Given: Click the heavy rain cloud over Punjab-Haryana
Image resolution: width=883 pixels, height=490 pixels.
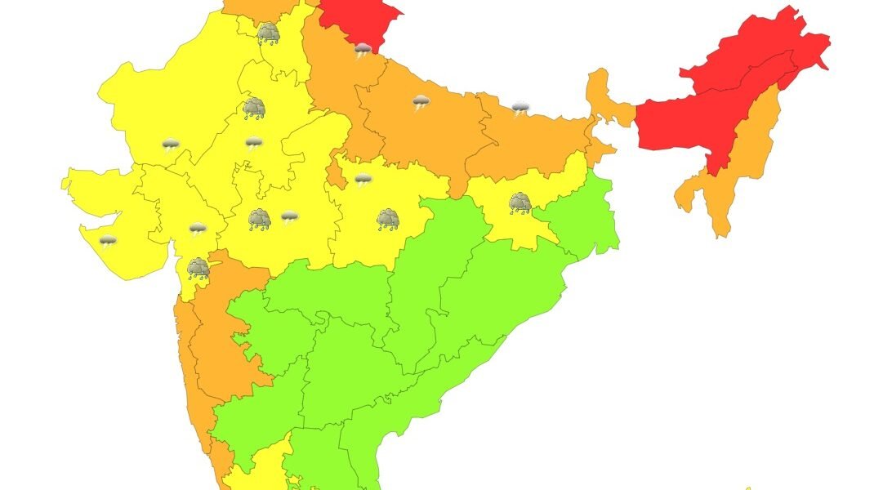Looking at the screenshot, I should click(x=268, y=33).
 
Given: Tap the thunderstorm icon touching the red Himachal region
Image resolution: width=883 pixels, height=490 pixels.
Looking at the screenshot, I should click(x=363, y=50).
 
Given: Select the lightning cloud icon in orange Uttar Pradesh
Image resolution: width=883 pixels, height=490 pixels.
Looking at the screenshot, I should click(x=421, y=102).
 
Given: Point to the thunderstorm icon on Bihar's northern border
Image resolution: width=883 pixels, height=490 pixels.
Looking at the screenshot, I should click(x=520, y=108).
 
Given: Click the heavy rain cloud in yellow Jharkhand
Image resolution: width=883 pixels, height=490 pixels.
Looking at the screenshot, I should click(x=520, y=203).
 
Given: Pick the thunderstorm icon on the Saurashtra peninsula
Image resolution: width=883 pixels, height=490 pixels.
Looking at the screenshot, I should click(x=108, y=240).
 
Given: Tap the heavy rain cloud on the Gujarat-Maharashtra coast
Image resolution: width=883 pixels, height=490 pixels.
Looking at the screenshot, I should click(x=198, y=268).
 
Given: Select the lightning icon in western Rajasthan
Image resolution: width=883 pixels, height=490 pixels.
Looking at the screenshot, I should click(x=170, y=145).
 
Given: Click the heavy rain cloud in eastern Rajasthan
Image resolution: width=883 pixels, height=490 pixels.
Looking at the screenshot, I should click(x=254, y=108).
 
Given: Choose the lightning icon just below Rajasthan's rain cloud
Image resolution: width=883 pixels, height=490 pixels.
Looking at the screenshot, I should click(x=254, y=144).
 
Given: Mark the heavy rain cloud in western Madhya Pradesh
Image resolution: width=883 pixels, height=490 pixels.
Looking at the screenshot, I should click(x=260, y=219).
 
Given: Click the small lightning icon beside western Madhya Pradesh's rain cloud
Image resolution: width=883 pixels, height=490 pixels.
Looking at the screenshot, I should click(x=289, y=216).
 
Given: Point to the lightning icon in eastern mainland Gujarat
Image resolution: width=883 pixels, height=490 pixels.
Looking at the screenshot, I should click(x=197, y=229).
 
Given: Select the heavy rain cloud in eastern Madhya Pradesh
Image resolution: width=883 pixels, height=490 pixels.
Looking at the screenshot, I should click(x=388, y=219).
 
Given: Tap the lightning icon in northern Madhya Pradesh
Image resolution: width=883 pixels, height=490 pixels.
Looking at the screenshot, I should click(x=363, y=179).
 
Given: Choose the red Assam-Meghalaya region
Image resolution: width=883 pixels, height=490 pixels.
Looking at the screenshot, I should click(x=686, y=122).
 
